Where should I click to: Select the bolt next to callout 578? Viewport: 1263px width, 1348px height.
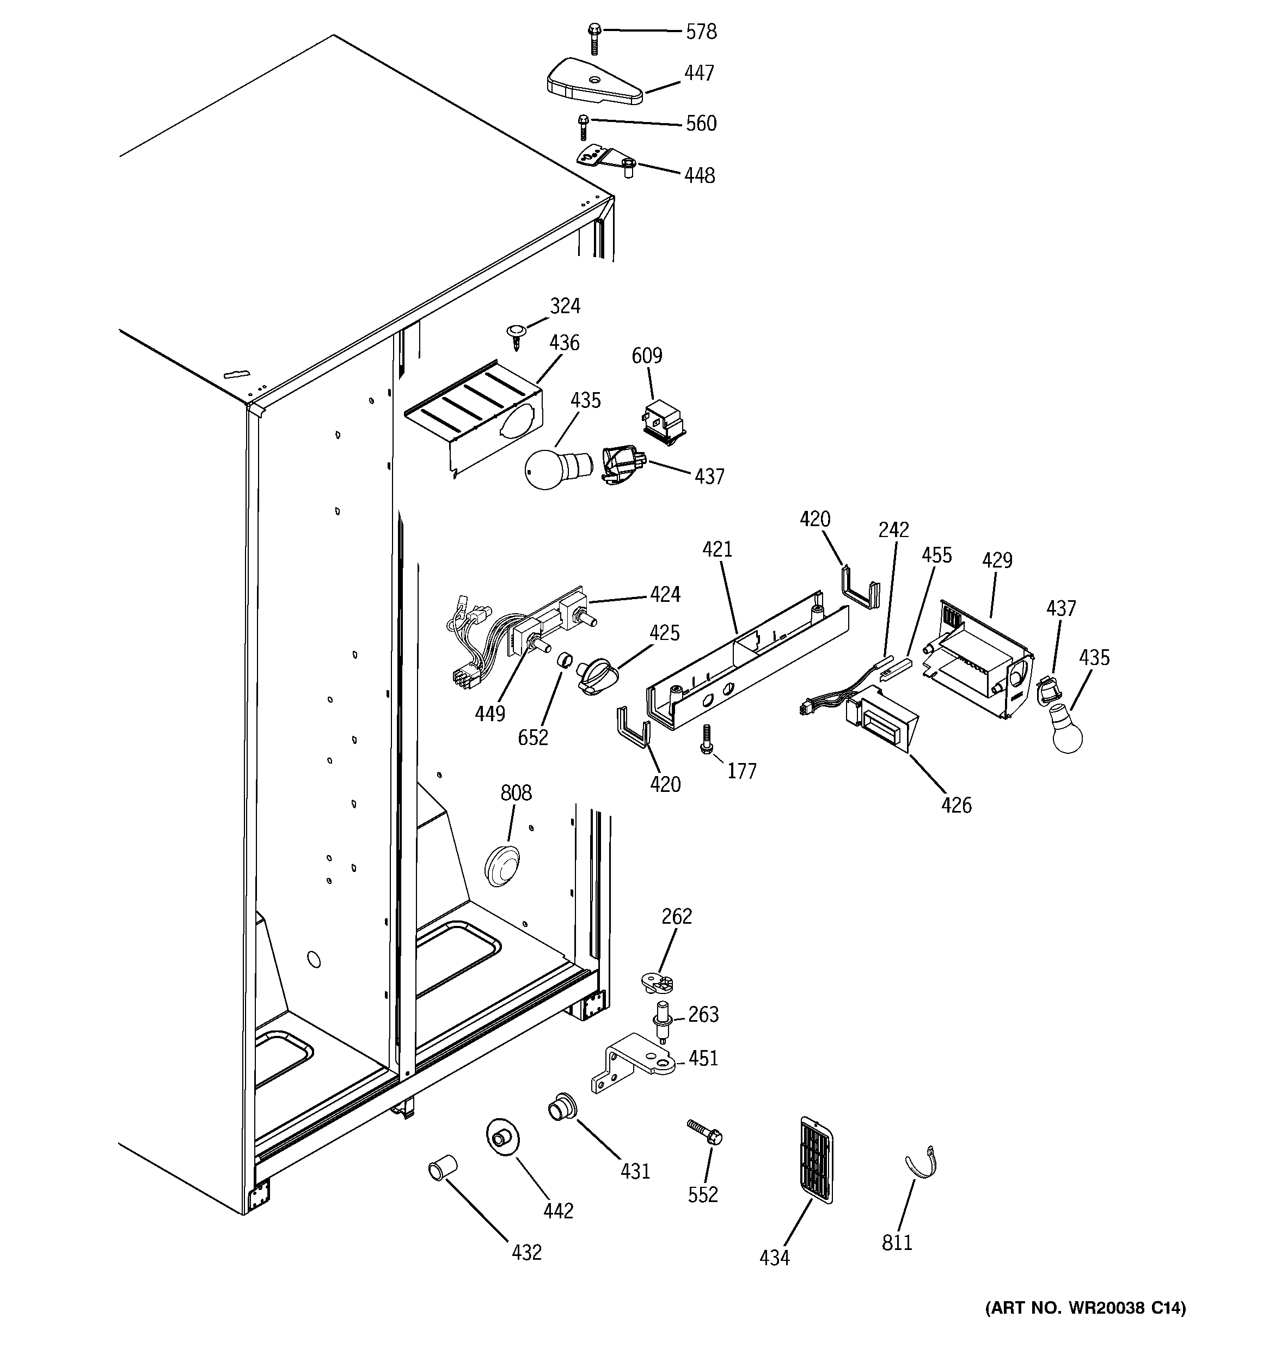(x=594, y=38)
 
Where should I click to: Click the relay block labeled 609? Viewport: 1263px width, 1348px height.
(x=663, y=421)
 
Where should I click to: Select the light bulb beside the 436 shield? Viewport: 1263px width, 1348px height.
(x=556, y=468)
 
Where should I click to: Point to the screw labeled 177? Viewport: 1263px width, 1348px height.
(x=707, y=739)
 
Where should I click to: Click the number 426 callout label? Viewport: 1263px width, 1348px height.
(x=956, y=805)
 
